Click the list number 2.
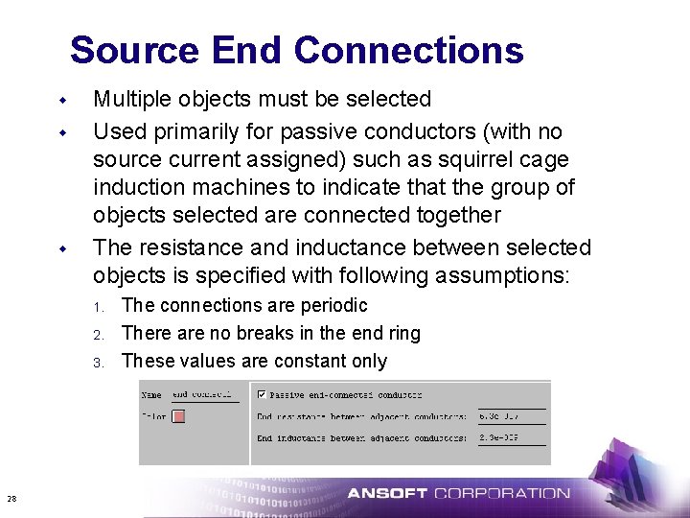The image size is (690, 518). [x=98, y=334]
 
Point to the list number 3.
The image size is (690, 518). [x=98, y=362]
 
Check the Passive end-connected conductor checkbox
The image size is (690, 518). [x=262, y=393]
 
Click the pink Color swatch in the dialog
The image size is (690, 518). [x=177, y=416]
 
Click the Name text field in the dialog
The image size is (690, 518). [x=202, y=394]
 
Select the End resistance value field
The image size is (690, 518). [x=510, y=416]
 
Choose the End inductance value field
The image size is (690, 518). [x=510, y=437]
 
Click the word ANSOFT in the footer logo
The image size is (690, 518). [x=387, y=494]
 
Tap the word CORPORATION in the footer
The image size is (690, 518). [x=501, y=494]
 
